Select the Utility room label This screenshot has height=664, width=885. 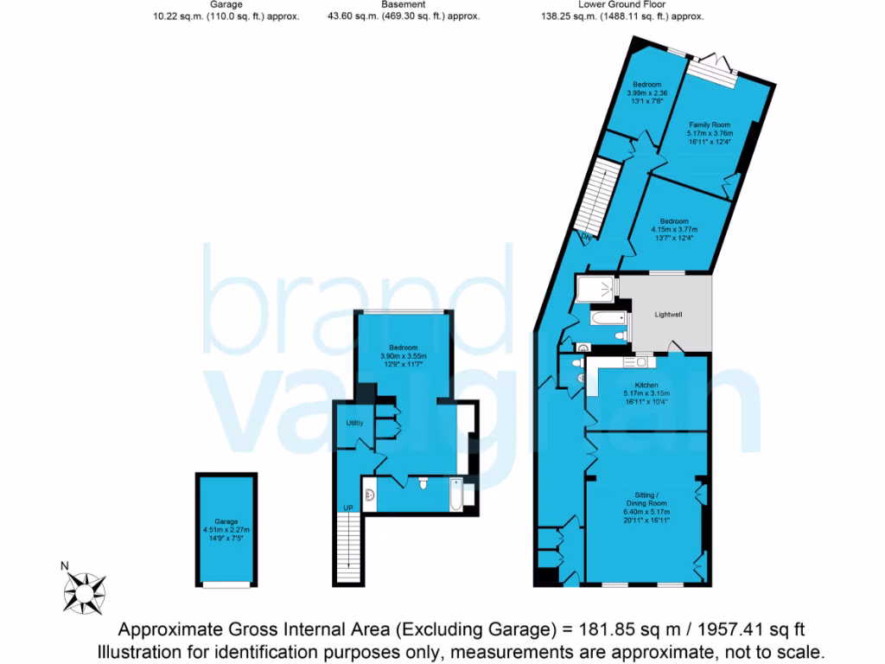pos(354,423)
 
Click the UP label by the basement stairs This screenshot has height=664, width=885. pos(348,508)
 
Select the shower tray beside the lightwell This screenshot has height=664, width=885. pos(595,288)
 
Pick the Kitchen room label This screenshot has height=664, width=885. pos(646,385)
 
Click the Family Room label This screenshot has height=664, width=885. pos(710,125)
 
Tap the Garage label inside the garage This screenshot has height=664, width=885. pos(226,522)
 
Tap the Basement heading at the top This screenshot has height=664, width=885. pos(404,4)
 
